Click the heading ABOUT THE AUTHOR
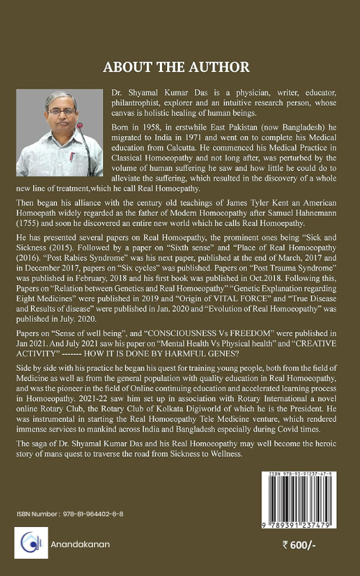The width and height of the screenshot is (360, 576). click(x=176, y=67)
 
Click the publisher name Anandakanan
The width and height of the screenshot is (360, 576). click(x=81, y=544)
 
